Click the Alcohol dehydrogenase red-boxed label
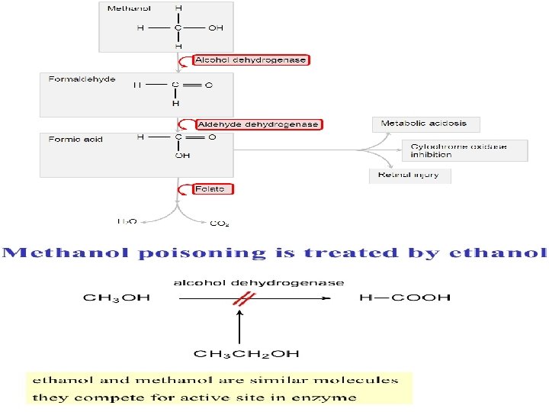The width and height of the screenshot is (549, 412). pos(251,60)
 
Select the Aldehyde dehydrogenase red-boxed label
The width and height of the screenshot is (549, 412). pos(258,124)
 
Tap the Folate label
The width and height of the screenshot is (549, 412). pos(213,188)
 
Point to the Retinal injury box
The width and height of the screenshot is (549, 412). pos(410,175)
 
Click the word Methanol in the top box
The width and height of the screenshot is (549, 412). pos(129,8)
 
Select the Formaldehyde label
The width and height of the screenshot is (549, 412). pos(82,79)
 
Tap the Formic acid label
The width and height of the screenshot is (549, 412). pos(75,140)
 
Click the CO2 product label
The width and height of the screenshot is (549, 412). pos(220,224)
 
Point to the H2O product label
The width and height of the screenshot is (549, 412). pos(127,222)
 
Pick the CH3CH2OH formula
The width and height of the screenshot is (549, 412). pos(246,354)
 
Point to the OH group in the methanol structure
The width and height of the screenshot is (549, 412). pos(216,27)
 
